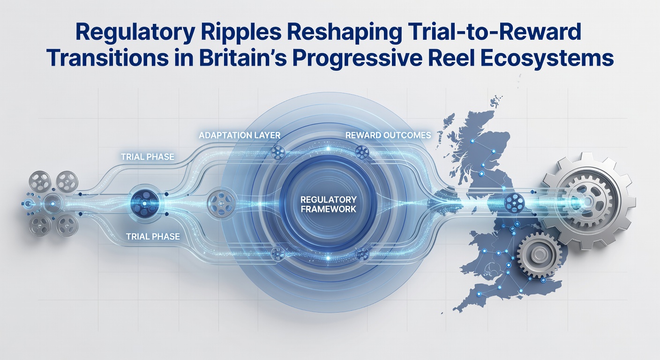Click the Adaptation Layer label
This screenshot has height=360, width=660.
pos(240,135)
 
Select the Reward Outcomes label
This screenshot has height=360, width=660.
pos(388,135)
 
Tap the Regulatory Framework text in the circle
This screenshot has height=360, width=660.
pos(328,204)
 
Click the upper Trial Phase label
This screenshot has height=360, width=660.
pos(147,157)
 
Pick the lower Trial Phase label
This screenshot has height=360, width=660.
pos(153,237)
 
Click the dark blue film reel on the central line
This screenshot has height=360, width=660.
pos(144,203)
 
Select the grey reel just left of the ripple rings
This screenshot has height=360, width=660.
pos(221,203)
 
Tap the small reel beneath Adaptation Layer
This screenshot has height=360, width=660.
pos(278,152)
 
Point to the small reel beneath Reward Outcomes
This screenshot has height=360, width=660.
pos(362,152)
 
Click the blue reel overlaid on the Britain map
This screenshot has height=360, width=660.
pos(514,203)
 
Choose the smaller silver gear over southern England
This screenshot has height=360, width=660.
pos(539,255)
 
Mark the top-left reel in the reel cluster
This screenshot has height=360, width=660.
pos(40,181)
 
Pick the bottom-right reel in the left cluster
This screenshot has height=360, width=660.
pos(67,225)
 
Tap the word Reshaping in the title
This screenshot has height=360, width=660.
pos(344,33)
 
